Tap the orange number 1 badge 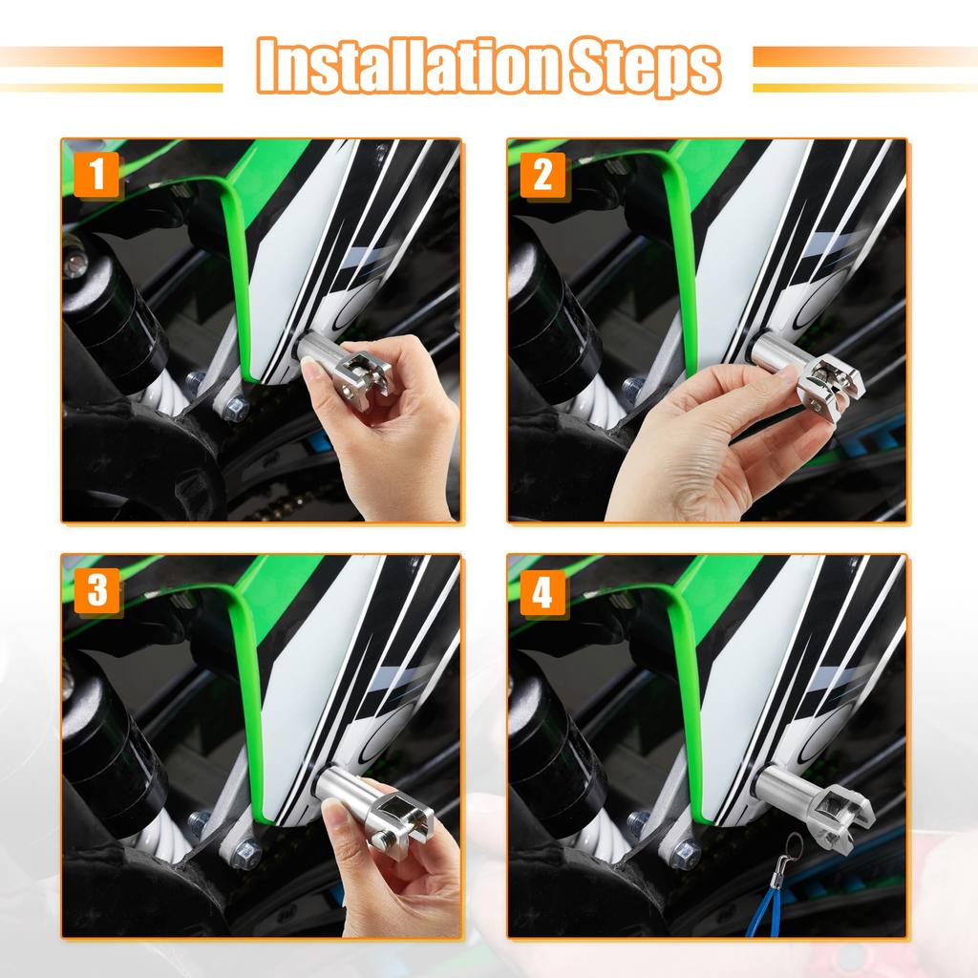point(97,175)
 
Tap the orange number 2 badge point(543,175)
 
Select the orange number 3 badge point(97,592)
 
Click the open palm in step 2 point(688,449)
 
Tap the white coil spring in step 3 point(148,840)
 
